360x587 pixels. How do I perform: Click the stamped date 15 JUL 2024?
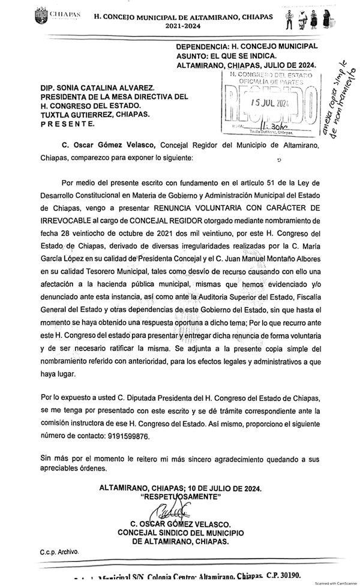[270, 103]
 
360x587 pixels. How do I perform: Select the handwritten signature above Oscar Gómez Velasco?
[170, 512]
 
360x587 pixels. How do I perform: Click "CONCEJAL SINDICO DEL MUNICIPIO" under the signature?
[180, 532]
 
